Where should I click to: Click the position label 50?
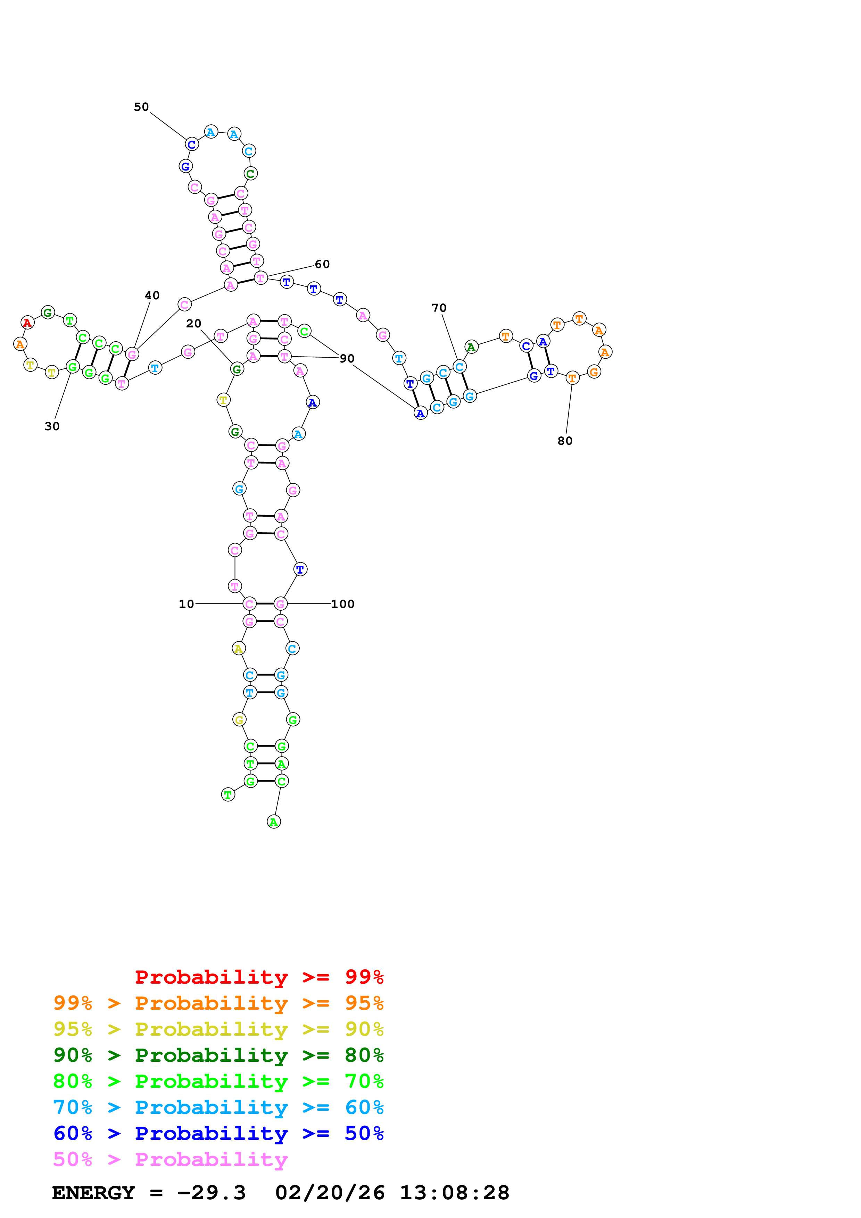(141, 107)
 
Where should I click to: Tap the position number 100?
(343, 604)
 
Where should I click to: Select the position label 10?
(186, 604)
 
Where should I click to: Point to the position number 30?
(52, 426)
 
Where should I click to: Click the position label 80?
(565, 441)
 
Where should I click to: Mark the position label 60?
(322, 264)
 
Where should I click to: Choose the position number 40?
(152, 295)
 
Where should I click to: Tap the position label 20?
(194, 324)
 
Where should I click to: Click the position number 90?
(347, 359)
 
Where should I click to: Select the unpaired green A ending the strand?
(274, 822)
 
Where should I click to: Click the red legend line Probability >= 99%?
(259, 977)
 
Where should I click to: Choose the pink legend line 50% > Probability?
(170, 1159)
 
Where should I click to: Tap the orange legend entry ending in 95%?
(218, 1003)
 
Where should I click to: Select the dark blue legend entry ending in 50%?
(218, 1133)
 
